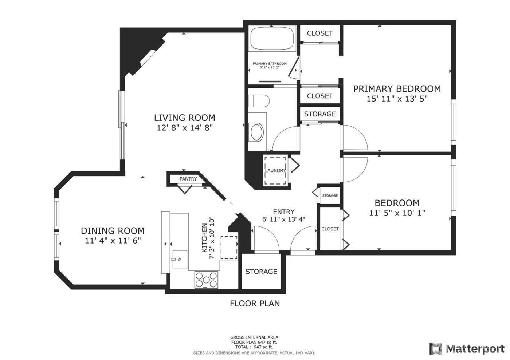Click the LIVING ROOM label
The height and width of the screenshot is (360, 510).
click(184, 118)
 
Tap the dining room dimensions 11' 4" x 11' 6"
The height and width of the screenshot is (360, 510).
click(113, 241)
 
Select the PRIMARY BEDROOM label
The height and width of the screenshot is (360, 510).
click(397, 88)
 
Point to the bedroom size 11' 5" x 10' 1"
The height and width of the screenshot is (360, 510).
click(397, 213)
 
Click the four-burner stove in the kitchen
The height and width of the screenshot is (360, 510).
click(207, 280)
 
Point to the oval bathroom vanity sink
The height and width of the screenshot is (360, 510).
click(256, 132)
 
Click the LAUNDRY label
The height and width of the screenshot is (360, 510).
click(275, 170)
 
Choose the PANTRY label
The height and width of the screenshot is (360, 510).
click(188, 179)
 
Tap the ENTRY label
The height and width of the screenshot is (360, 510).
click(283, 212)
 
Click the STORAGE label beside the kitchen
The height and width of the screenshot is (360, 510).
click(261, 272)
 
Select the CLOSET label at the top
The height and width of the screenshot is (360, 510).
click(319, 33)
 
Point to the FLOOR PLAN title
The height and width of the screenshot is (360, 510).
click(255, 303)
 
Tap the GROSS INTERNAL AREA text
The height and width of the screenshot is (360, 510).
click(254, 337)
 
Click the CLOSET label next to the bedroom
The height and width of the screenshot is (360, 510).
click(330, 229)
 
